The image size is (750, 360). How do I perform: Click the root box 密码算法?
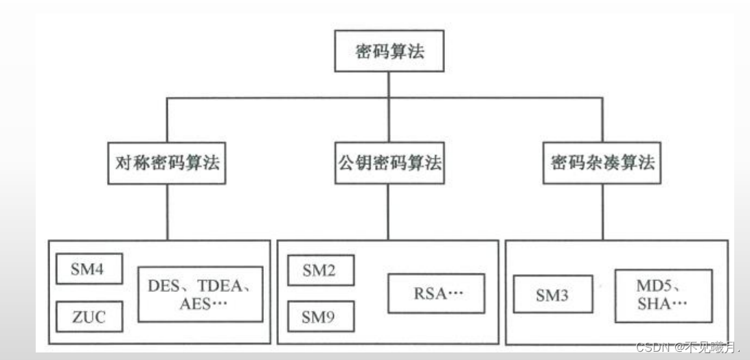389,53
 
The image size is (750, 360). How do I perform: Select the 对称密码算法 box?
167,164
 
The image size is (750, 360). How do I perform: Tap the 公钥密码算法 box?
389,164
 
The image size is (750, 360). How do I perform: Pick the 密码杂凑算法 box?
602,164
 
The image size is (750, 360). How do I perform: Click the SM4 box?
87,269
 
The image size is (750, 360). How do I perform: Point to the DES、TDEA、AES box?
200,294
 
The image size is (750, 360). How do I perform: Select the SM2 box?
320,270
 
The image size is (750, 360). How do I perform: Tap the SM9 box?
320,317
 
